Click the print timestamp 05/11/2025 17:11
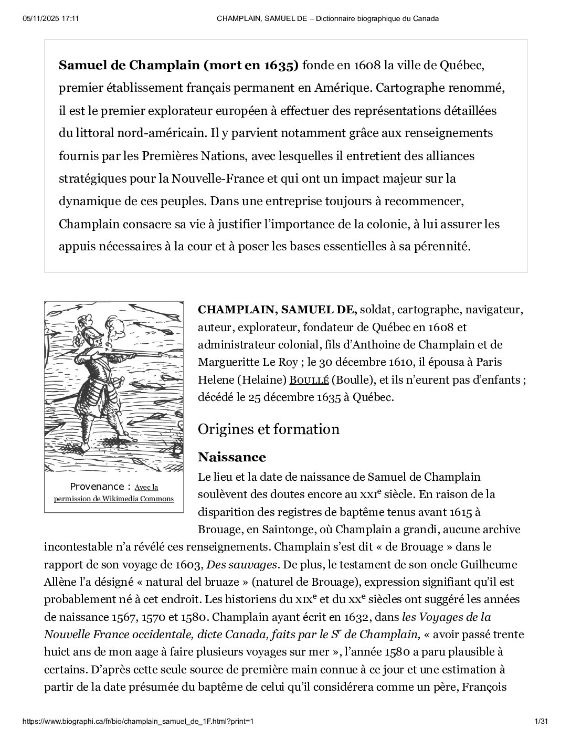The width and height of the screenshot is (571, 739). pos(51,18)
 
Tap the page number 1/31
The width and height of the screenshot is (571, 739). pos(541,722)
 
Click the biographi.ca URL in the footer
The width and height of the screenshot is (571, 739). pos(138,722)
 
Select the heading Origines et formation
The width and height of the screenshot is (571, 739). pos(268,429)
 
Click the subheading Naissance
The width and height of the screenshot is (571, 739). pos(231,457)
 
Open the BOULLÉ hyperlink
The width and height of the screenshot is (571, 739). pos(310,380)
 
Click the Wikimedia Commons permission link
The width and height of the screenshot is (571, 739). pos(114,493)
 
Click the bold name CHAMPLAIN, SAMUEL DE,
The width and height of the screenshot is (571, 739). pos(277,310)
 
